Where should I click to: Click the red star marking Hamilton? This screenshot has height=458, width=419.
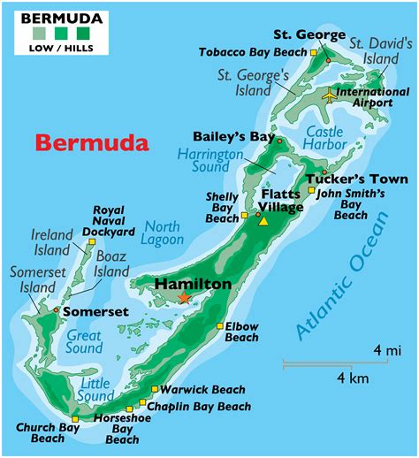point(184,298)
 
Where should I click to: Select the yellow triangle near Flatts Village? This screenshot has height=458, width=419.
point(263,221)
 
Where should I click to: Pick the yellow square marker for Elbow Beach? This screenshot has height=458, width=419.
point(219,326)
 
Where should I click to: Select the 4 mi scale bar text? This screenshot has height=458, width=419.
point(386,350)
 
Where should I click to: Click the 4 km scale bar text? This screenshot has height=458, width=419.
point(346,378)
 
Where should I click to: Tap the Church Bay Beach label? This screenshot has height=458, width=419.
point(48,432)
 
